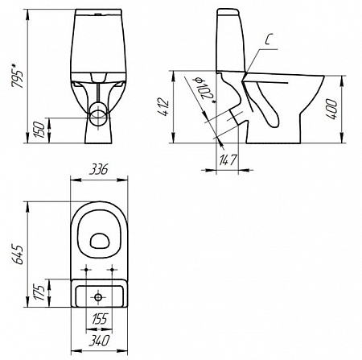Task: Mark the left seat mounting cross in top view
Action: click(84, 268)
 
